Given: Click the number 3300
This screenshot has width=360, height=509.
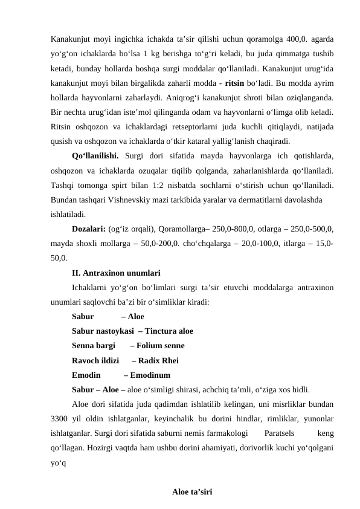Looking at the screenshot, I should pos(62,418).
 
